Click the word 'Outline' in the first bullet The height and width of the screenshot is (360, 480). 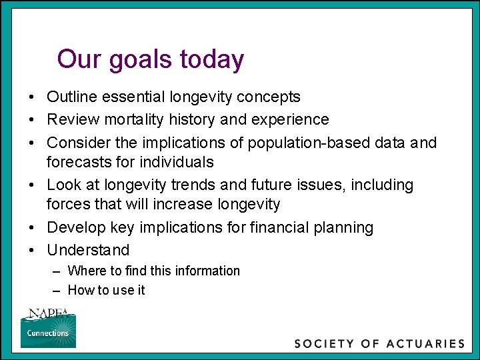tap(71, 97)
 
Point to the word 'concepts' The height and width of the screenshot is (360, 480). tap(269, 97)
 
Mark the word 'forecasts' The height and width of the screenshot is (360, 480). tap(75, 161)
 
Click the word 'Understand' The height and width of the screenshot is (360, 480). tap(88, 250)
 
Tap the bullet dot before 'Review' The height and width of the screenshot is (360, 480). tap(32, 120)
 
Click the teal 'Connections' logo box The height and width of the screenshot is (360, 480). tap(48, 333)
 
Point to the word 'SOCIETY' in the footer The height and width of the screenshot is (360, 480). tap(325, 344)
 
